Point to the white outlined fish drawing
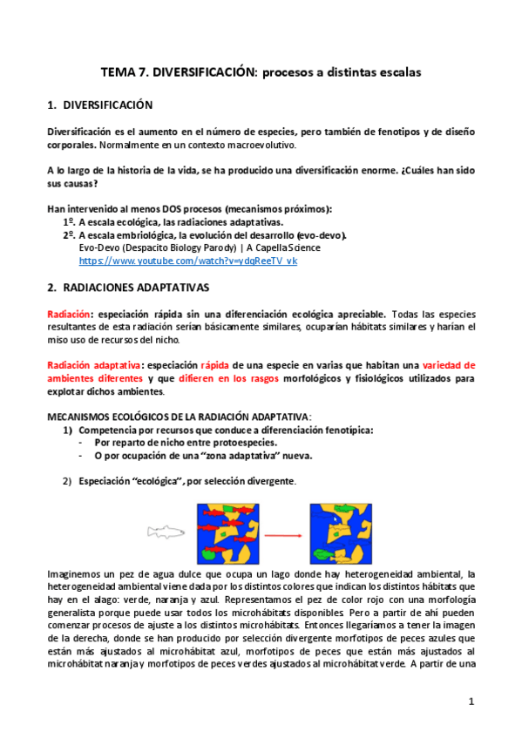click(x=167, y=532)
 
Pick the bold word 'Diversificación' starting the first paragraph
click(x=79, y=132)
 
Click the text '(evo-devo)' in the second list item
click(x=321, y=235)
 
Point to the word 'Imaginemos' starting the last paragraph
click(x=72, y=573)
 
